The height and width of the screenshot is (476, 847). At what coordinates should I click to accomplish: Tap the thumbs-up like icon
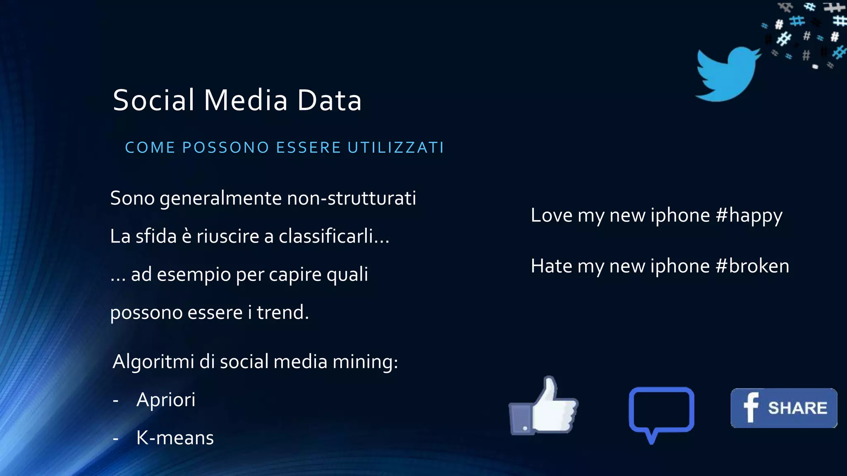pos(543,407)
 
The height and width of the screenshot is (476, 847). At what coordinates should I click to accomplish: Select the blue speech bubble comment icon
pos(661,412)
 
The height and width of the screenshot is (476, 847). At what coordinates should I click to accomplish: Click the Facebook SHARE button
pos(784,408)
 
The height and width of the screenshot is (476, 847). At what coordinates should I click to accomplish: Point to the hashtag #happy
pos(749,216)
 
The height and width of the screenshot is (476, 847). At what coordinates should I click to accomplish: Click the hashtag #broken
pos(752,266)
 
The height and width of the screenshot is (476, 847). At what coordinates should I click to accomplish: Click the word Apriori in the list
pos(166,400)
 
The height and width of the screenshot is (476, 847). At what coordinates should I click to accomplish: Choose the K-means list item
pos(175,438)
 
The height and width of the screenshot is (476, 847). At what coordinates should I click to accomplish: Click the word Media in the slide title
pos(246,100)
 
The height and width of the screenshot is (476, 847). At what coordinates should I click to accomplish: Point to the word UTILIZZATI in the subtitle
pos(396,148)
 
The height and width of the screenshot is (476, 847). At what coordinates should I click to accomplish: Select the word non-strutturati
pos(352,198)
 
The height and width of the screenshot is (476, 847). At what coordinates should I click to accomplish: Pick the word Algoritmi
pos(153,362)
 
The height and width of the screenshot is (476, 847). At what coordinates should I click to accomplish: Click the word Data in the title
pos(330,100)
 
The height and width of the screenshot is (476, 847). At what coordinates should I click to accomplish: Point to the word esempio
pos(194,274)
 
